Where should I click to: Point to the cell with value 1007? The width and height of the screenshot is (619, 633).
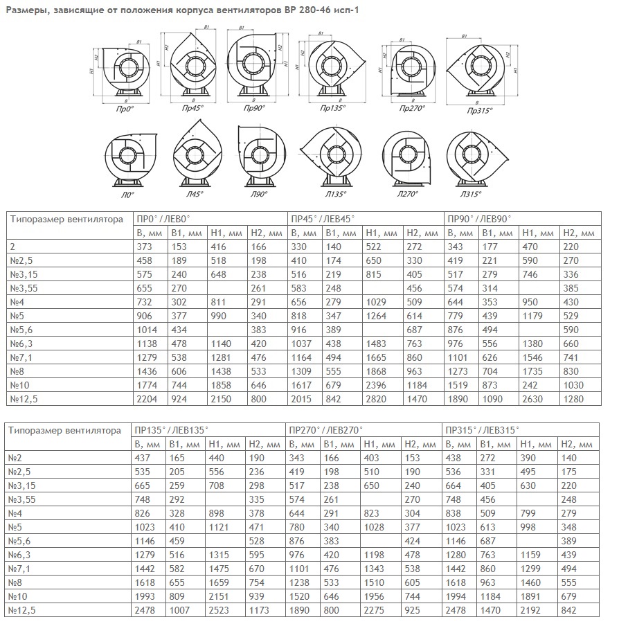(183, 609)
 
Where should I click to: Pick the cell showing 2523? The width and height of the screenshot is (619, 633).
(222, 609)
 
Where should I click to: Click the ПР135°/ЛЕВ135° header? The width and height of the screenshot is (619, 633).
(167, 430)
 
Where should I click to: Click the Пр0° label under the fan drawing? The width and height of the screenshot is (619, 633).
(125, 109)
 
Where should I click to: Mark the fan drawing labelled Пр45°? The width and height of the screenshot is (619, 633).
(187, 66)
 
